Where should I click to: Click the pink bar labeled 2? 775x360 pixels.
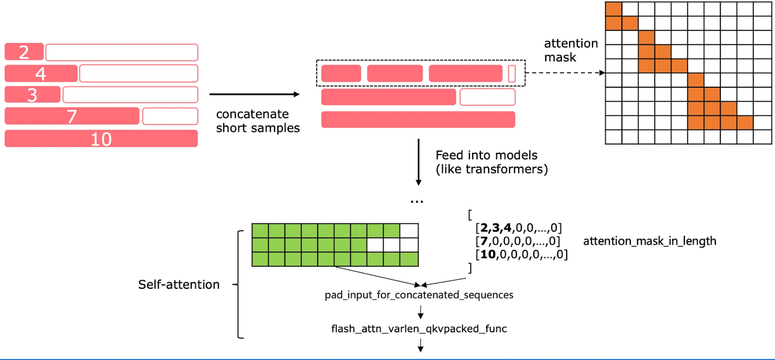pos(24,52)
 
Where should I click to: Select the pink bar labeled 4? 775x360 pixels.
pos(41,74)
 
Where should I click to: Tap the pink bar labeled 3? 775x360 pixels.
pos(32,94)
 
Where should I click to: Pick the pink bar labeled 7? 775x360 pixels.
pos(72,116)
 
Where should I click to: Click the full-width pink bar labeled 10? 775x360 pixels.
pos(101,139)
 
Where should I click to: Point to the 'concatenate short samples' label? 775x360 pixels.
pos(258,121)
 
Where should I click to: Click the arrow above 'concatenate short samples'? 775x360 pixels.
pos(254,94)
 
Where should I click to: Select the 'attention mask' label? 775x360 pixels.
pos(571,50)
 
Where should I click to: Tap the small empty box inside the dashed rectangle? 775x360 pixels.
pos(512,74)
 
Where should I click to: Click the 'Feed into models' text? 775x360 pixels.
pos(486,156)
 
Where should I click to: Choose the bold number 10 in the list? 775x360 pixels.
pos(488,254)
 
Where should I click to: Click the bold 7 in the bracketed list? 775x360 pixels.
pos(484,241)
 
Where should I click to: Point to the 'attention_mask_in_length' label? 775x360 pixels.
pos(650,241)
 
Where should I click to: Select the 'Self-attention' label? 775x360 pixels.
pos(179,284)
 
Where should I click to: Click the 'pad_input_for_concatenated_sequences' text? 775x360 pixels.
pos(419,295)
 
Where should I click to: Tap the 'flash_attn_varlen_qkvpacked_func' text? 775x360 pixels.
pos(419,329)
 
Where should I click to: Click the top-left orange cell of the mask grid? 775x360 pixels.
pos(614,9)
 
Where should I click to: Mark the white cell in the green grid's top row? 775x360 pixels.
pos(409,231)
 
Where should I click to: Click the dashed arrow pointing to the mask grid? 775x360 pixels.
pos(565,73)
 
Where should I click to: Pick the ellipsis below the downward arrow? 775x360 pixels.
pos(417,201)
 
